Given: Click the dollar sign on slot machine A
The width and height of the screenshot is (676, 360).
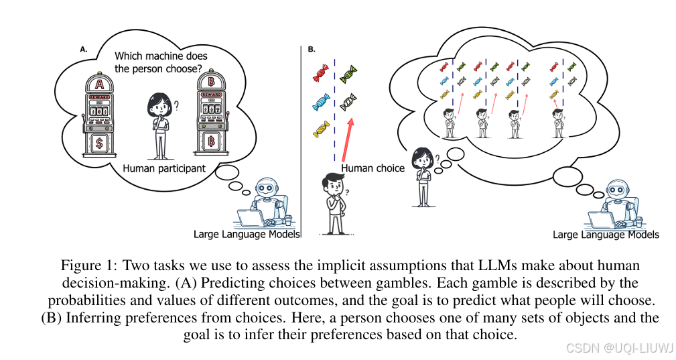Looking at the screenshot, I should (x=100, y=143).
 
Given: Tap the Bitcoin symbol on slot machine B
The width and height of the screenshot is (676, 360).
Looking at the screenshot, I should (x=212, y=143).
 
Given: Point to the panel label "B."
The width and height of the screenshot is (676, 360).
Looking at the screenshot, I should (x=312, y=49).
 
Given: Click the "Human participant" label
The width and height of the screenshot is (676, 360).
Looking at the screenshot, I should (x=164, y=168).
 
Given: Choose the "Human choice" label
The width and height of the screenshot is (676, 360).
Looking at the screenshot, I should (x=373, y=168).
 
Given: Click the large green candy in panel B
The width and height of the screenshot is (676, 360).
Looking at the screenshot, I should (x=348, y=74).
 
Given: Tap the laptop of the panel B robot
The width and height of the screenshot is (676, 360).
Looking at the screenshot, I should (x=606, y=219).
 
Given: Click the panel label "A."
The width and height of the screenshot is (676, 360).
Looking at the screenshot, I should (x=84, y=49).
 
